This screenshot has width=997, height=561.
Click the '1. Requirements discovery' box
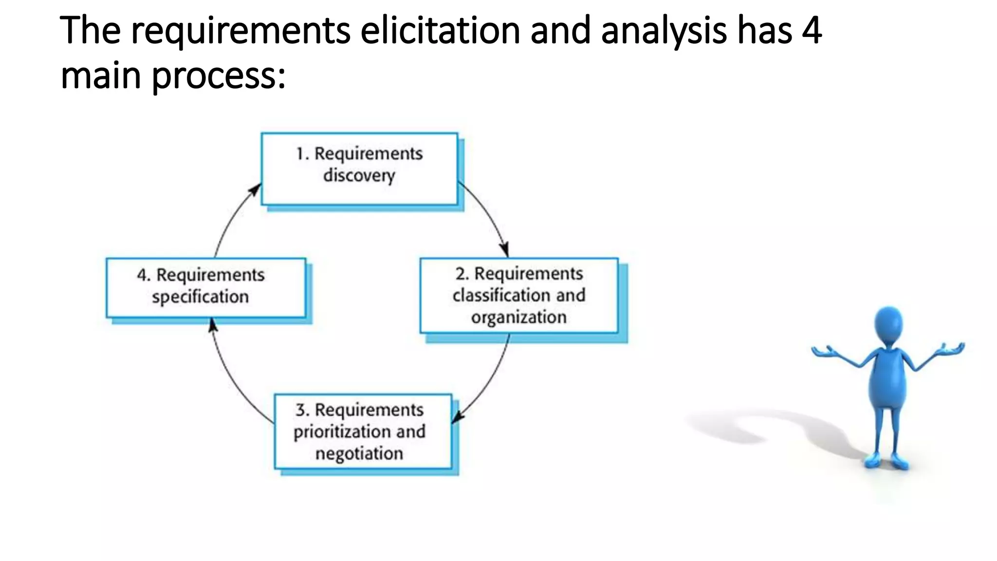(x=359, y=168)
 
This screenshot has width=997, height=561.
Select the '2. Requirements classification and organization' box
(x=519, y=295)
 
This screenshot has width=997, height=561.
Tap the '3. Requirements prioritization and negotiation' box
(x=363, y=431)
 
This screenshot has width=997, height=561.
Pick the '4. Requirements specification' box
(x=206, y=287)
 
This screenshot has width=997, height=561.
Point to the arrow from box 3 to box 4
(x=234, y=380)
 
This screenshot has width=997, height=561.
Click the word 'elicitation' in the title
(x=440, y=30)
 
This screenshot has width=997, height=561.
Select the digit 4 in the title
(x=812, y=30)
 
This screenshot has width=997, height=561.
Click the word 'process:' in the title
(x=219, y=76)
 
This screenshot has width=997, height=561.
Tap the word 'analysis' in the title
(x=664, y=30)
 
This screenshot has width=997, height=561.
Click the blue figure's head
(x=888, y=326)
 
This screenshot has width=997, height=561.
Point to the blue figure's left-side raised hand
(x=823, y=351)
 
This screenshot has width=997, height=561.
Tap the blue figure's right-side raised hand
(x=952, y=349)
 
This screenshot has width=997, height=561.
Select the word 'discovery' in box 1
(x=359, y=175)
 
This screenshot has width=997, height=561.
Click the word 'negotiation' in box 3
(x=359, y=453)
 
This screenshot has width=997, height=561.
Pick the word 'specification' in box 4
(x=200, y=297)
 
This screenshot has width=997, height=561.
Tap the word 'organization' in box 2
(x=519, y=317)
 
